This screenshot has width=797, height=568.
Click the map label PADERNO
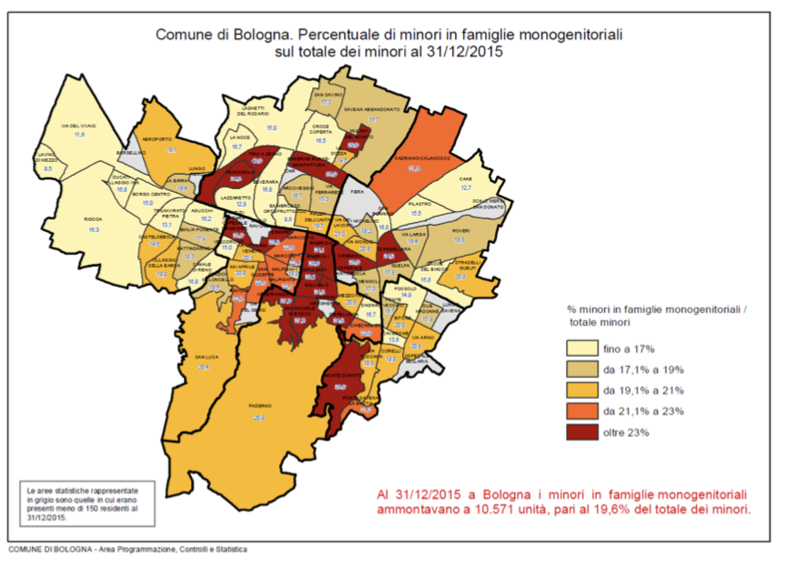[x=258, y=407]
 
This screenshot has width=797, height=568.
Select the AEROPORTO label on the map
[x=157, y=138]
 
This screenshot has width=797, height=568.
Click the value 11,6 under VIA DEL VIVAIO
[x=78, y=135]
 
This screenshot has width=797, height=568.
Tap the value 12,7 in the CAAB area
[x=466, y=188]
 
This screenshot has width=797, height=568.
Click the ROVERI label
[x=460, y=231]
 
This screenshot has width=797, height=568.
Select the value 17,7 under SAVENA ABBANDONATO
[x=373, y=119]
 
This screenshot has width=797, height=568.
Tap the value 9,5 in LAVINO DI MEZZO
[x=48, y=169]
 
